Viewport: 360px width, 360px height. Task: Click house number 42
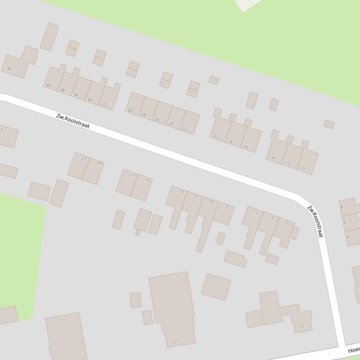coord(10,69)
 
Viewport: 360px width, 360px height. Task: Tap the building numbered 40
coord(49,86)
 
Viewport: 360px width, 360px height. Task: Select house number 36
coord(76,95)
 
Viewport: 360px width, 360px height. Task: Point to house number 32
coord(103,105)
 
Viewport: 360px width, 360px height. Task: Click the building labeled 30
coord(130,111)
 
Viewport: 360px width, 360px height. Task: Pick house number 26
coord(157,120)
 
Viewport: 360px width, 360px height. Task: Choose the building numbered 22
coord(184,129)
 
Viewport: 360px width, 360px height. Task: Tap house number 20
coord(215,137)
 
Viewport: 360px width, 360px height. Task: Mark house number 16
coord(245,147)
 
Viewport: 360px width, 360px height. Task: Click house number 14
coord(272,158)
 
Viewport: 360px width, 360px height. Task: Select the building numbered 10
coord(302,168)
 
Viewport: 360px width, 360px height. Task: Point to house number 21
coord(84,158)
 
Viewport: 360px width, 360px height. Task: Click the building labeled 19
coord(99,164)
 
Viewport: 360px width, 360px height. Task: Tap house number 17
coord(132,175)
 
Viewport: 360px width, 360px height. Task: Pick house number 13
coord(181,192)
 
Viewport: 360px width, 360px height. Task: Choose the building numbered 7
coord(227,207)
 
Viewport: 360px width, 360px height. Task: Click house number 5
coord(256,212)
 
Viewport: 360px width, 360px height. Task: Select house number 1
coord(287,223)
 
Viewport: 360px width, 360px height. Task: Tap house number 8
coord(342,207)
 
